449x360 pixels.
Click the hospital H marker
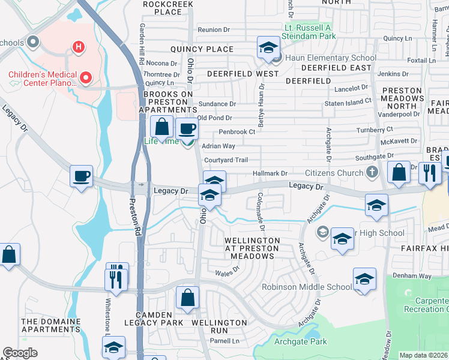[77, 46]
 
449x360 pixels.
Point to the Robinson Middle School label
[306, 287]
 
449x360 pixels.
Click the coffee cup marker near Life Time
[187, 128]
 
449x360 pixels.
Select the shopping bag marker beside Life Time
[161, 126]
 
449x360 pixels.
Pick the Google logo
[20, 353]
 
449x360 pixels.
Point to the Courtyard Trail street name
[226, 160]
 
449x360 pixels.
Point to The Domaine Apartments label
[51, 326]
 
